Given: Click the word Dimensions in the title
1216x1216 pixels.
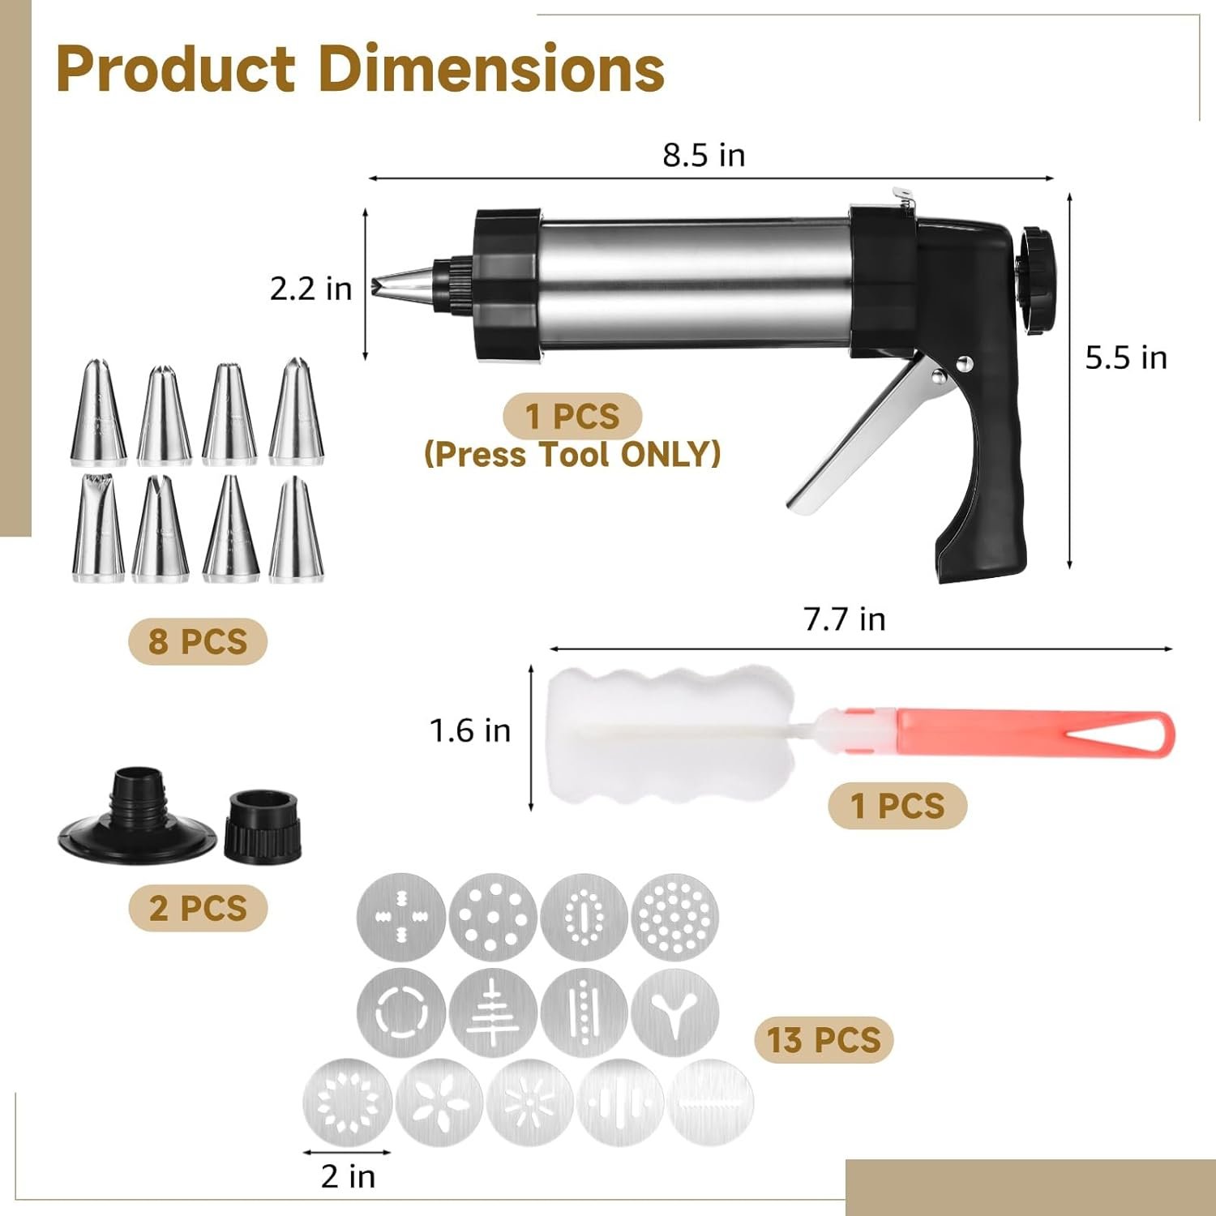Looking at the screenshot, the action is click(491, 69).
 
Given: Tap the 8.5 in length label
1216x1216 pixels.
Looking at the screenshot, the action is click(704, 155).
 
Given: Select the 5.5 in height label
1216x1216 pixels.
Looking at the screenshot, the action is click(1126, 358).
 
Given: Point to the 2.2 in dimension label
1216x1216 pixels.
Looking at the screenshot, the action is click(310, 289).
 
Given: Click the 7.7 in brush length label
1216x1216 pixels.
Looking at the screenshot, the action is click(844, 619).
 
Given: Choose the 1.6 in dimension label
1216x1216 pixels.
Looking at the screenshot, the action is click(470, 730).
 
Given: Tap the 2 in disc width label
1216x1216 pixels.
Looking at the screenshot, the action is click(348, 1176).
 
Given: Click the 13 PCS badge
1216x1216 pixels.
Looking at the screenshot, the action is click(824, 1039).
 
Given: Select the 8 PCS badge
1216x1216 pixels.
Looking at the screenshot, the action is click(198, 641).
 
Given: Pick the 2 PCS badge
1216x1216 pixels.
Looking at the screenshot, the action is click(198, 908).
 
